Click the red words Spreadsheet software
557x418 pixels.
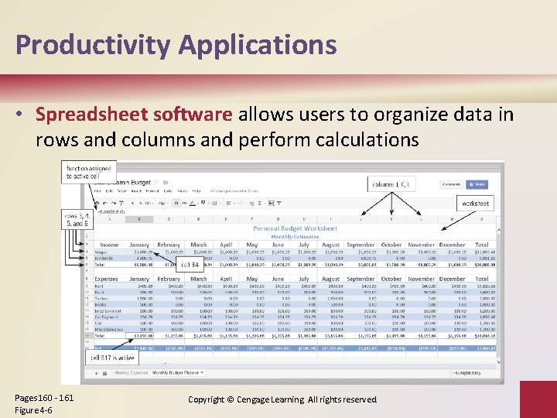point(133,115)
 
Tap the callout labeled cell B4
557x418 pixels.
point(190,266)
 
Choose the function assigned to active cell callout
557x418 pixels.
point(90,172)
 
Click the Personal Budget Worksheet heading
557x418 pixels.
point(295,228)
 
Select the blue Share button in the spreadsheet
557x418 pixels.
point(477,184)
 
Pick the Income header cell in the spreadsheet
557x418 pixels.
point(110,245)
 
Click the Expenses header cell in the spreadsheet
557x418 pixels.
point(107,279)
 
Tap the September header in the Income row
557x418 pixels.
point(361,245)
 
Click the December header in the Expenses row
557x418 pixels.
point(452,279)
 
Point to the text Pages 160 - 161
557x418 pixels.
point(44,397)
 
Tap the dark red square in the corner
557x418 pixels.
point(537,399)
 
